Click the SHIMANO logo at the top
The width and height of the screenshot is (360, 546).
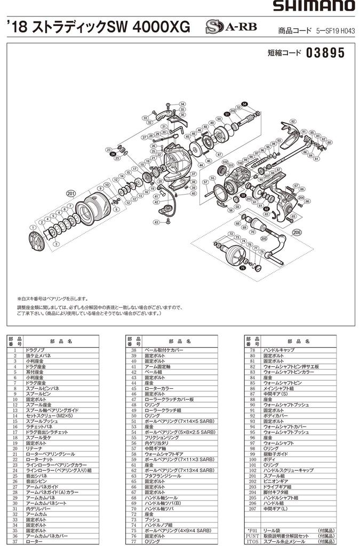point(314,6)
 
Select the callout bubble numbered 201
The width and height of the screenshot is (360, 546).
point(70,193)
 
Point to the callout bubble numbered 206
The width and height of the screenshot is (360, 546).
point(297,232)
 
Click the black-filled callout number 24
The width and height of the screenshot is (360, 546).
point(113,155)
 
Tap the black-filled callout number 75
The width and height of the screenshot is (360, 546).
point(243,268)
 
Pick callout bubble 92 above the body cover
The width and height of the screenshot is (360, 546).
point(293,122)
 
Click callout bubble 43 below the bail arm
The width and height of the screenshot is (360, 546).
point(156,222)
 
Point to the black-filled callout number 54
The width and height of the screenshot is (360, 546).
point(244,103)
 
